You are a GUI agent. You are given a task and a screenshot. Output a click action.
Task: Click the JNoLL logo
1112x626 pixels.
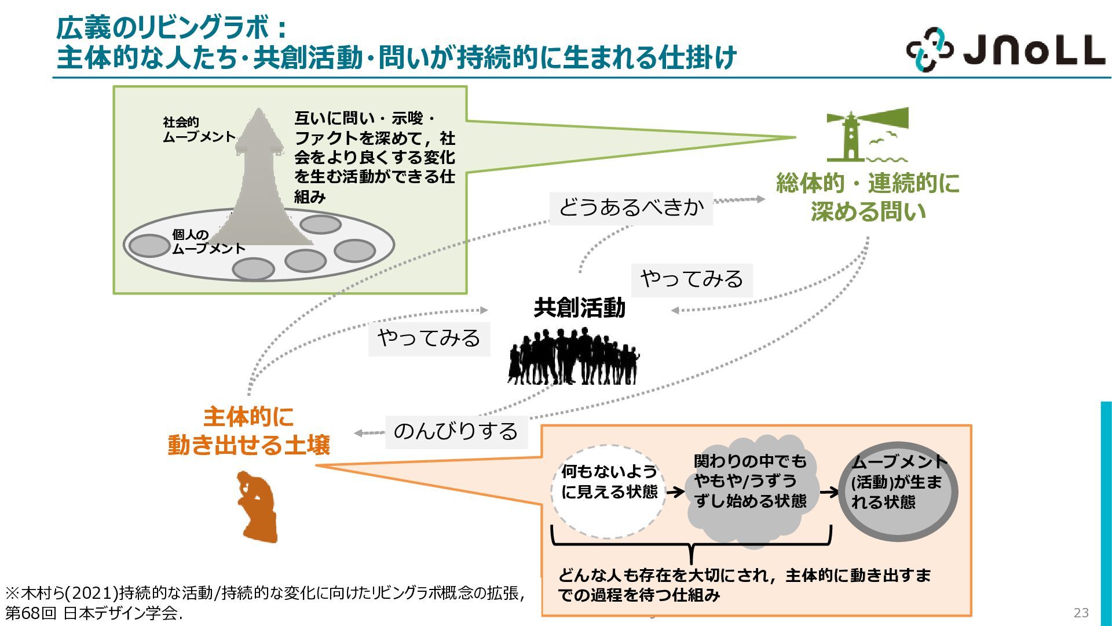[1005, 50]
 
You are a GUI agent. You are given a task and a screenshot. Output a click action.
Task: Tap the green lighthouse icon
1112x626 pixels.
[867, 134]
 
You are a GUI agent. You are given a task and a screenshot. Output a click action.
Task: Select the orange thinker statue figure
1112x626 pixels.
[257, 507]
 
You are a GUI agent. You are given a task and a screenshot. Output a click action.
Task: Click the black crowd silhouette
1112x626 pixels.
[573, 356]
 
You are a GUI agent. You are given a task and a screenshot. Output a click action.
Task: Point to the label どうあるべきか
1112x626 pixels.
[631, 208]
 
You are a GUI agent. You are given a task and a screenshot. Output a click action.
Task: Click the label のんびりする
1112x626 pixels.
[456, 432]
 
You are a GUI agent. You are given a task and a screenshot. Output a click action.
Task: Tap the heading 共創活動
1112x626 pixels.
[580, 308]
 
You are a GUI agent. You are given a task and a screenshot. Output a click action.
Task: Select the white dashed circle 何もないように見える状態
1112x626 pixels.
[608, 492]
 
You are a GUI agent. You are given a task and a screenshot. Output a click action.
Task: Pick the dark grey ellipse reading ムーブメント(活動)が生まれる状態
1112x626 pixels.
[898, 492]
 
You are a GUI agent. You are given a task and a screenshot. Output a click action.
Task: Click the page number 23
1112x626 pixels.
[1081, 613]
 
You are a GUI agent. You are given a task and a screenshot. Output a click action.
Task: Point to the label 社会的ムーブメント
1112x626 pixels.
[199, 129]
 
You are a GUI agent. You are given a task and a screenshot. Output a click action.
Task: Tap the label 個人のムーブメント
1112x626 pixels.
[208, 242]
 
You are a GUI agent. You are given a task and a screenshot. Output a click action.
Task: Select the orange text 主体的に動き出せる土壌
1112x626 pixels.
[248, 431]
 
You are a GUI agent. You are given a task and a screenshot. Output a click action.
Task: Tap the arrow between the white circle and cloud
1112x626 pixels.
[675, 492]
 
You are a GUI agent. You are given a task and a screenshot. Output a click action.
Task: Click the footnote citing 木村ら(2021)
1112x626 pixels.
[265, 603]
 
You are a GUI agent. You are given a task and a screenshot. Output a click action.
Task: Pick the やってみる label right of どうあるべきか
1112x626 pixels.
[692, 279]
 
